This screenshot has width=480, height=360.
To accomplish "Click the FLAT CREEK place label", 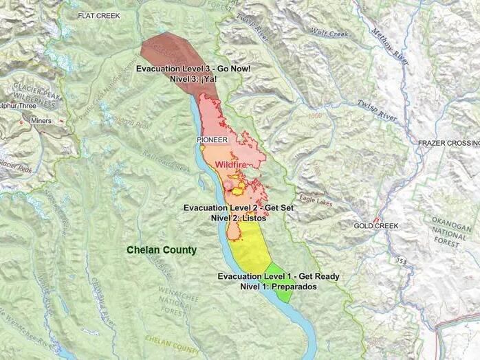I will point(98,15).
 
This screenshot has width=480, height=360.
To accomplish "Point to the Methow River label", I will point(390,47).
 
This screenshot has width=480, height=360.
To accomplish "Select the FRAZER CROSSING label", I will point(448,143).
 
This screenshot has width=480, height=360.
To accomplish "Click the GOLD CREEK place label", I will point(376,226).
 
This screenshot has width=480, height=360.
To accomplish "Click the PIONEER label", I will point(212,139).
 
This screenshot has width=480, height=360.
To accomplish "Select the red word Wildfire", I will point(231,165).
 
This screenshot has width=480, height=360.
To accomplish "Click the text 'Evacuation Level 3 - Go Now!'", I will point(193,69).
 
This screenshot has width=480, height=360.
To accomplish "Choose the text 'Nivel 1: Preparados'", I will point(278,286).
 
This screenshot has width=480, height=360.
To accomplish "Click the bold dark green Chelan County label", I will point(161,250).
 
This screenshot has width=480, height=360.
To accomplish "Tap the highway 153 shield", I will point(400,261).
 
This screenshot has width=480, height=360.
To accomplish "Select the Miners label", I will point(41,120).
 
